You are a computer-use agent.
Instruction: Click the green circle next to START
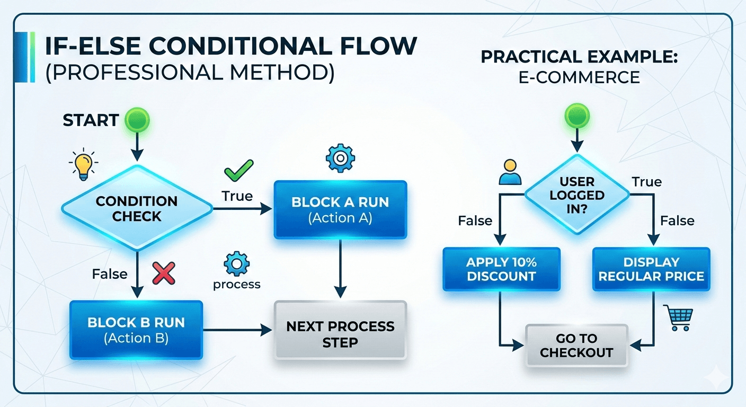(137, 120)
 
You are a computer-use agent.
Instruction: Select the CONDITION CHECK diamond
(137, 208)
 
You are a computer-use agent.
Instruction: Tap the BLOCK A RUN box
(340, 210)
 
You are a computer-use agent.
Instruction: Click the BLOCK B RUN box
(136, 330)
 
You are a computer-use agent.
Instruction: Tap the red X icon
(164, 273)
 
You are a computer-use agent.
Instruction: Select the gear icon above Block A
(340, 157)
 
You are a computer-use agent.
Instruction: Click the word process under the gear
(236, 285)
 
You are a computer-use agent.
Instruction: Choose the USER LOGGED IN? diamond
(576, 195)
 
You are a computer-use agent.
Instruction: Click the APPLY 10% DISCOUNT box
(501, 269)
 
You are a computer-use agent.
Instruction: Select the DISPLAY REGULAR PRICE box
(651, 269)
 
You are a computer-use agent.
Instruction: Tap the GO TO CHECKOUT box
(576, 346)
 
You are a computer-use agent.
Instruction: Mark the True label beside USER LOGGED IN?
(646, 182)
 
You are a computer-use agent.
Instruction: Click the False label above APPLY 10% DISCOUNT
(475, 220)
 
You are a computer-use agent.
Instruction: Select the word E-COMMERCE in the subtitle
(579, 77)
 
